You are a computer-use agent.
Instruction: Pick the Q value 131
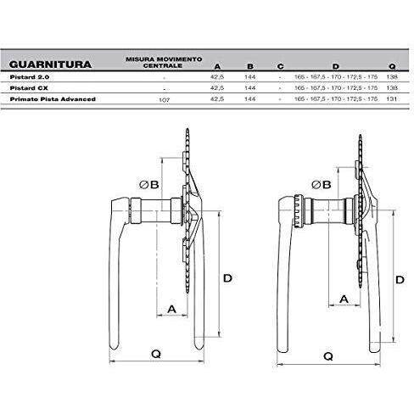(391, 99)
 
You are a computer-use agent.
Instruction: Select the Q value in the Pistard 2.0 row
(391, 76)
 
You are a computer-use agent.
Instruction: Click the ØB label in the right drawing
(322, 184)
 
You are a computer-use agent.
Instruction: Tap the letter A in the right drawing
(344, 299)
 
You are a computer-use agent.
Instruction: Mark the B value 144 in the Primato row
(249, 99)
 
